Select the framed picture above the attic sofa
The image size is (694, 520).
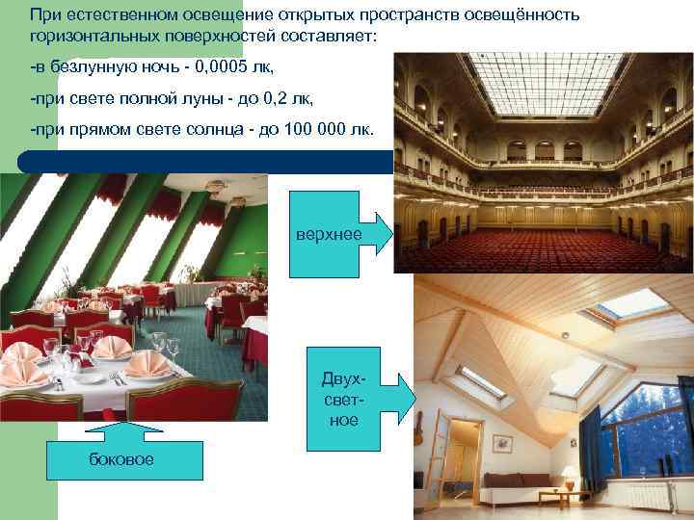pos(501,443)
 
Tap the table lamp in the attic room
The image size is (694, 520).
pos(570,475)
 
